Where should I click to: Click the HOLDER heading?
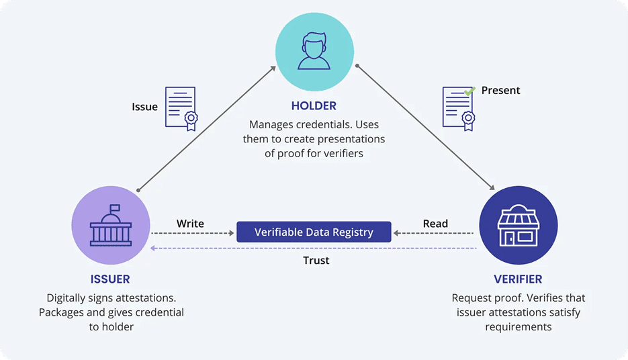tap(314, 106)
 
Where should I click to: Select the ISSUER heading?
tap(109, 279)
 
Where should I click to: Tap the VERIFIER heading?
tap(518, 279)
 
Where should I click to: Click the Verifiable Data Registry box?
tap(314, 232)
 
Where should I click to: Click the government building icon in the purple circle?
tap(110, 226)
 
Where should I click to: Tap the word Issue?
tap(144, 107)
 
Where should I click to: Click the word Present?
tap(500, 90)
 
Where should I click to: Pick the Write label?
tap(190, 223)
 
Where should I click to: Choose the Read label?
tap(435, 223)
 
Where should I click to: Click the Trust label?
tap(316, 260)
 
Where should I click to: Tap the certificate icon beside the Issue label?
tap(181, 107)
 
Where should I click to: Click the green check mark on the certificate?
tap(470, 89)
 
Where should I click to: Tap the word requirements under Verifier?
tap(518, 327)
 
